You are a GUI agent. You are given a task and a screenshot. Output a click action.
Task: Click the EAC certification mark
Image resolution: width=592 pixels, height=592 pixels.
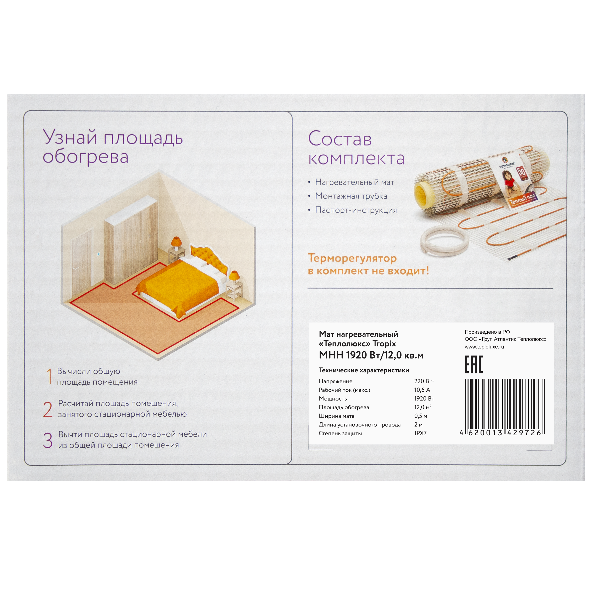[473, 365]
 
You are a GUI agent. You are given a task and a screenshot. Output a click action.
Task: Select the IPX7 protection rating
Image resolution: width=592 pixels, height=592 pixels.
[420, 433]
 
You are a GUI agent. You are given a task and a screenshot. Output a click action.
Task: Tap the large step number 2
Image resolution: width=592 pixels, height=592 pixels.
[48, 410]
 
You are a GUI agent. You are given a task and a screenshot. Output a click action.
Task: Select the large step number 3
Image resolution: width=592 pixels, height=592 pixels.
[48, 440]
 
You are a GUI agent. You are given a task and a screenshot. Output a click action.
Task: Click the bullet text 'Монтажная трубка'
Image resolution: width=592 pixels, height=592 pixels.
[351, 196]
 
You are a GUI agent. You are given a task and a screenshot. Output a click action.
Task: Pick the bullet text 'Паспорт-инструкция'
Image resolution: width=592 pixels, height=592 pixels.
[356, 210]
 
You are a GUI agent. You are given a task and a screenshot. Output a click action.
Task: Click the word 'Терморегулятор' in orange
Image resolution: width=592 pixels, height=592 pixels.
[352, 258]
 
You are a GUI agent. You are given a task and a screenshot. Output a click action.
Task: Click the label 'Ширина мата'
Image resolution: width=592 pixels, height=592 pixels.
[336, 416]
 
